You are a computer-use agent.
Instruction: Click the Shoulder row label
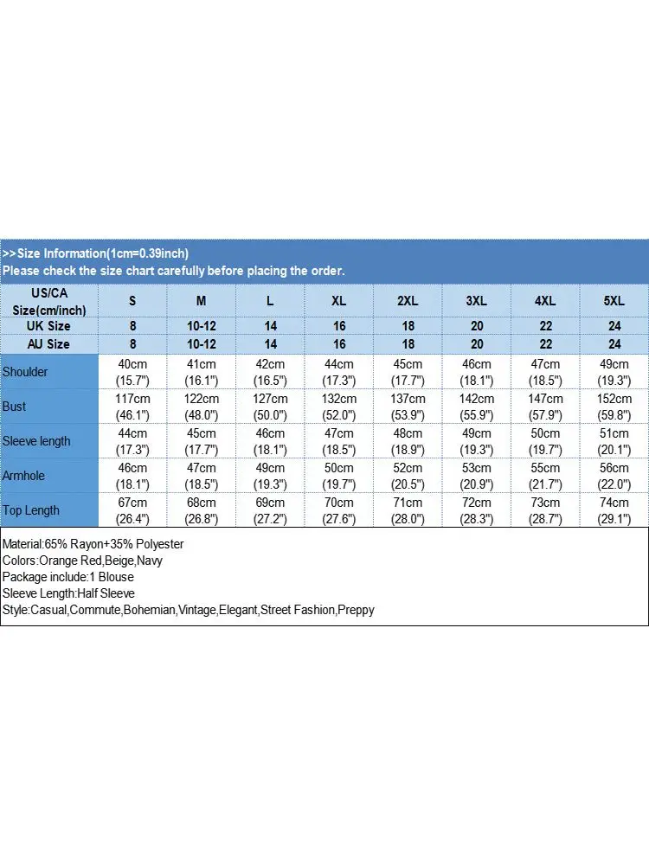pyautogui.click(x=25, y=372)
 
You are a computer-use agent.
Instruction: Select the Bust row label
pyautogui.click(x=15, y=407)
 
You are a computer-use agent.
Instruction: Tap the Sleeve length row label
pyautogui.click(x=36, y=441)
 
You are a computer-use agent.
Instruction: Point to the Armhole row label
pyautogui.click(x=23, y=476)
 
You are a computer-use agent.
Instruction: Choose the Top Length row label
pyautogui.click(x=31, y=510)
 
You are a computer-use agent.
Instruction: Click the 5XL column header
pyautogui.click(x=614, y=301)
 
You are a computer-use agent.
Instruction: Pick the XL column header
pyautogui.click(x=339, y=301)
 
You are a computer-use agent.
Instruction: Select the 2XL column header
pyautogui.click(x=408, y=301)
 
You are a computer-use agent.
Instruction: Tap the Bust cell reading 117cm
pyautogui.click(x=132, y=399)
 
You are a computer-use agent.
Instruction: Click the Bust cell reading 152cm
pyautogui.click(x=614, y=399)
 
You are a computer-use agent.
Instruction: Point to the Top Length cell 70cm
pyautogui.click(x=339, y=503)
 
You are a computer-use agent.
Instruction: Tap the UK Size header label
pyautogui.click(x=48, y=326)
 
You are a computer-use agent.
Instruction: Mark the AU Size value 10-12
pyautogui.click(x=202, y=344)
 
